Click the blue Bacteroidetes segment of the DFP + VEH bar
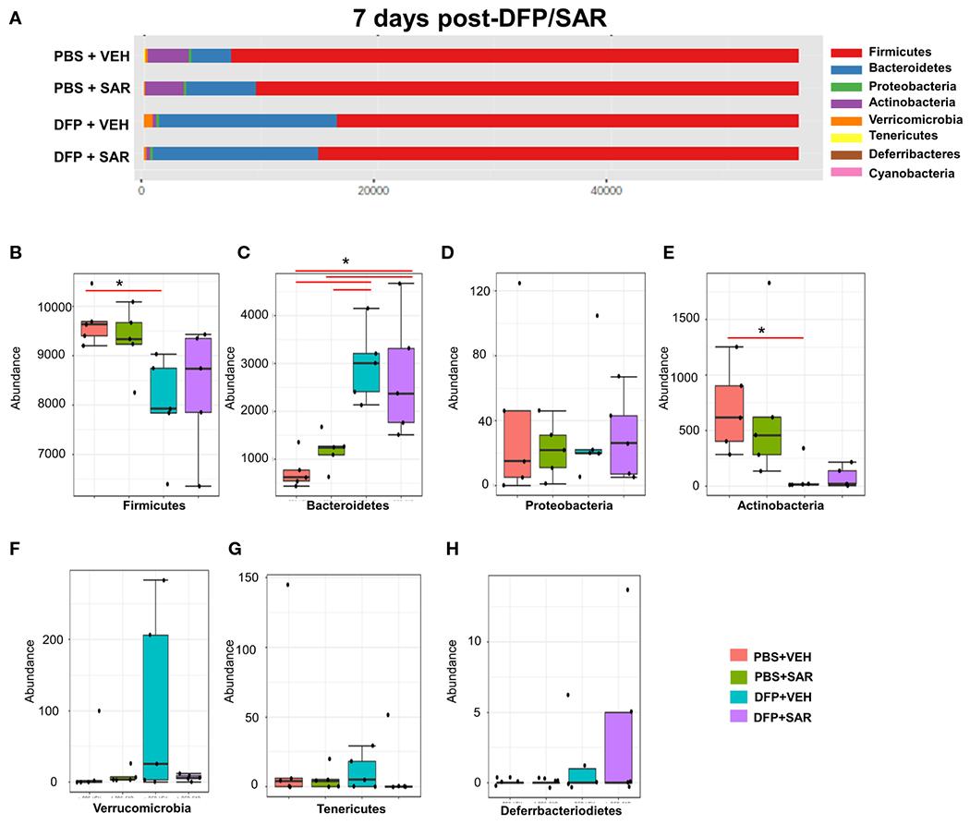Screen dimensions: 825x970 (x=248, y=121)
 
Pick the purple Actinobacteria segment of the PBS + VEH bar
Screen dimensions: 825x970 (x=168, y=55)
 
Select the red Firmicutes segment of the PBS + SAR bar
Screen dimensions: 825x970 (x=527, y=89)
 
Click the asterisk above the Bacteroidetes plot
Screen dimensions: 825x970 (x=346, y=261)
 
